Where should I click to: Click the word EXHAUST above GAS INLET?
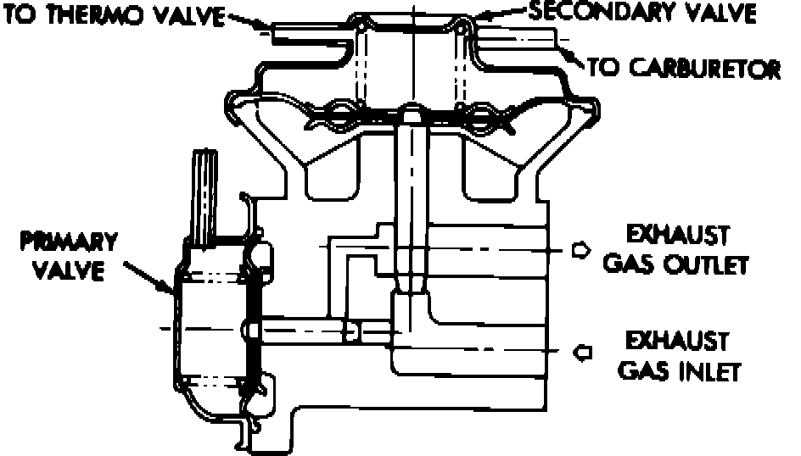tap(676, 341)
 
